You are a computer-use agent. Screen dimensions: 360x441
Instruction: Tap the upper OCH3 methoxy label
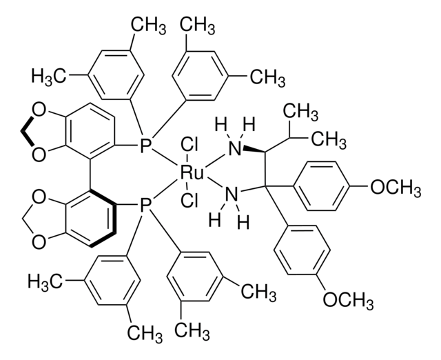(396, 188)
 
